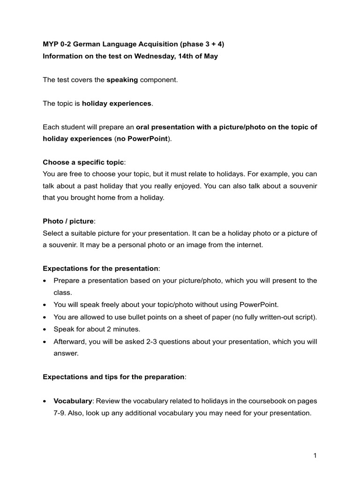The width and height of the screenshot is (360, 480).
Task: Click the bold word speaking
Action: click(x=122, y=80)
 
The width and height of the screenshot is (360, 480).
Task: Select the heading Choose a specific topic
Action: click(x=83, y=162)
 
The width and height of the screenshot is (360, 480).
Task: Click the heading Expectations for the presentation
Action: click(x=101, y=269)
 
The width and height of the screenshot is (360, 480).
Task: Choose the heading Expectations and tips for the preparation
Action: click(x=113, y=377)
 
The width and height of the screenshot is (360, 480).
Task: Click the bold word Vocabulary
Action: click(x=73, y=401)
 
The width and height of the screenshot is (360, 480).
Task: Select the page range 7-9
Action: click(x=60, y=413)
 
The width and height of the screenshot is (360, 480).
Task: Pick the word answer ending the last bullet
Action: click(x=66, y=353)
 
